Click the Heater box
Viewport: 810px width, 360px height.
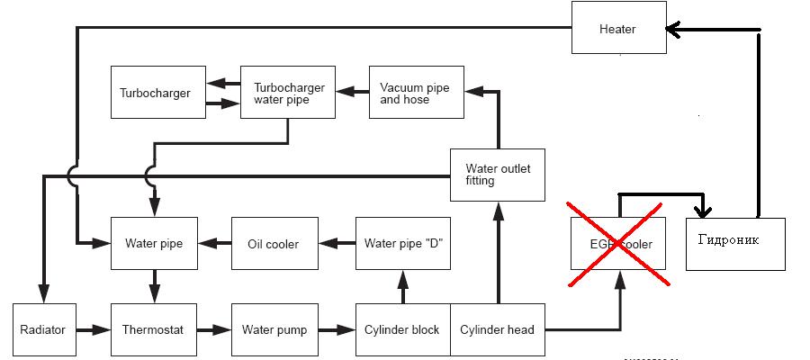617,29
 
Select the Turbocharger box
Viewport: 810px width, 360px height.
155,93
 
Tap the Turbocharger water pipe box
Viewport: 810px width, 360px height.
288,93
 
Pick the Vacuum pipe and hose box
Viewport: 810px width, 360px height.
416,93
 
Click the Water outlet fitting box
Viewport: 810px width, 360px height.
498,174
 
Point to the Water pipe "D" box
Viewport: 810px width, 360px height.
402,243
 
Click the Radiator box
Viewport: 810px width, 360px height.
42,330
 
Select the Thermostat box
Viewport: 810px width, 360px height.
153,330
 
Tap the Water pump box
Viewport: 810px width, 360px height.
274,330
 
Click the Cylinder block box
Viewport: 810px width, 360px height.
402,330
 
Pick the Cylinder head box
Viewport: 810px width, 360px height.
497,330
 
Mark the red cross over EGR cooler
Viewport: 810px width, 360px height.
617,243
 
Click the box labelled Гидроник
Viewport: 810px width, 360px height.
734,243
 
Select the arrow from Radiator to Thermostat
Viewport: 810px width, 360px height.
91,330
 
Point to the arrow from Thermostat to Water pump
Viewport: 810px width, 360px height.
213,330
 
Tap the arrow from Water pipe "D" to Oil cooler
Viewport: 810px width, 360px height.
335,243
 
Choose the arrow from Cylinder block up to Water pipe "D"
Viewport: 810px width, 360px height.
402,288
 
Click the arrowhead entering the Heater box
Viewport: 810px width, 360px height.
673,30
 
